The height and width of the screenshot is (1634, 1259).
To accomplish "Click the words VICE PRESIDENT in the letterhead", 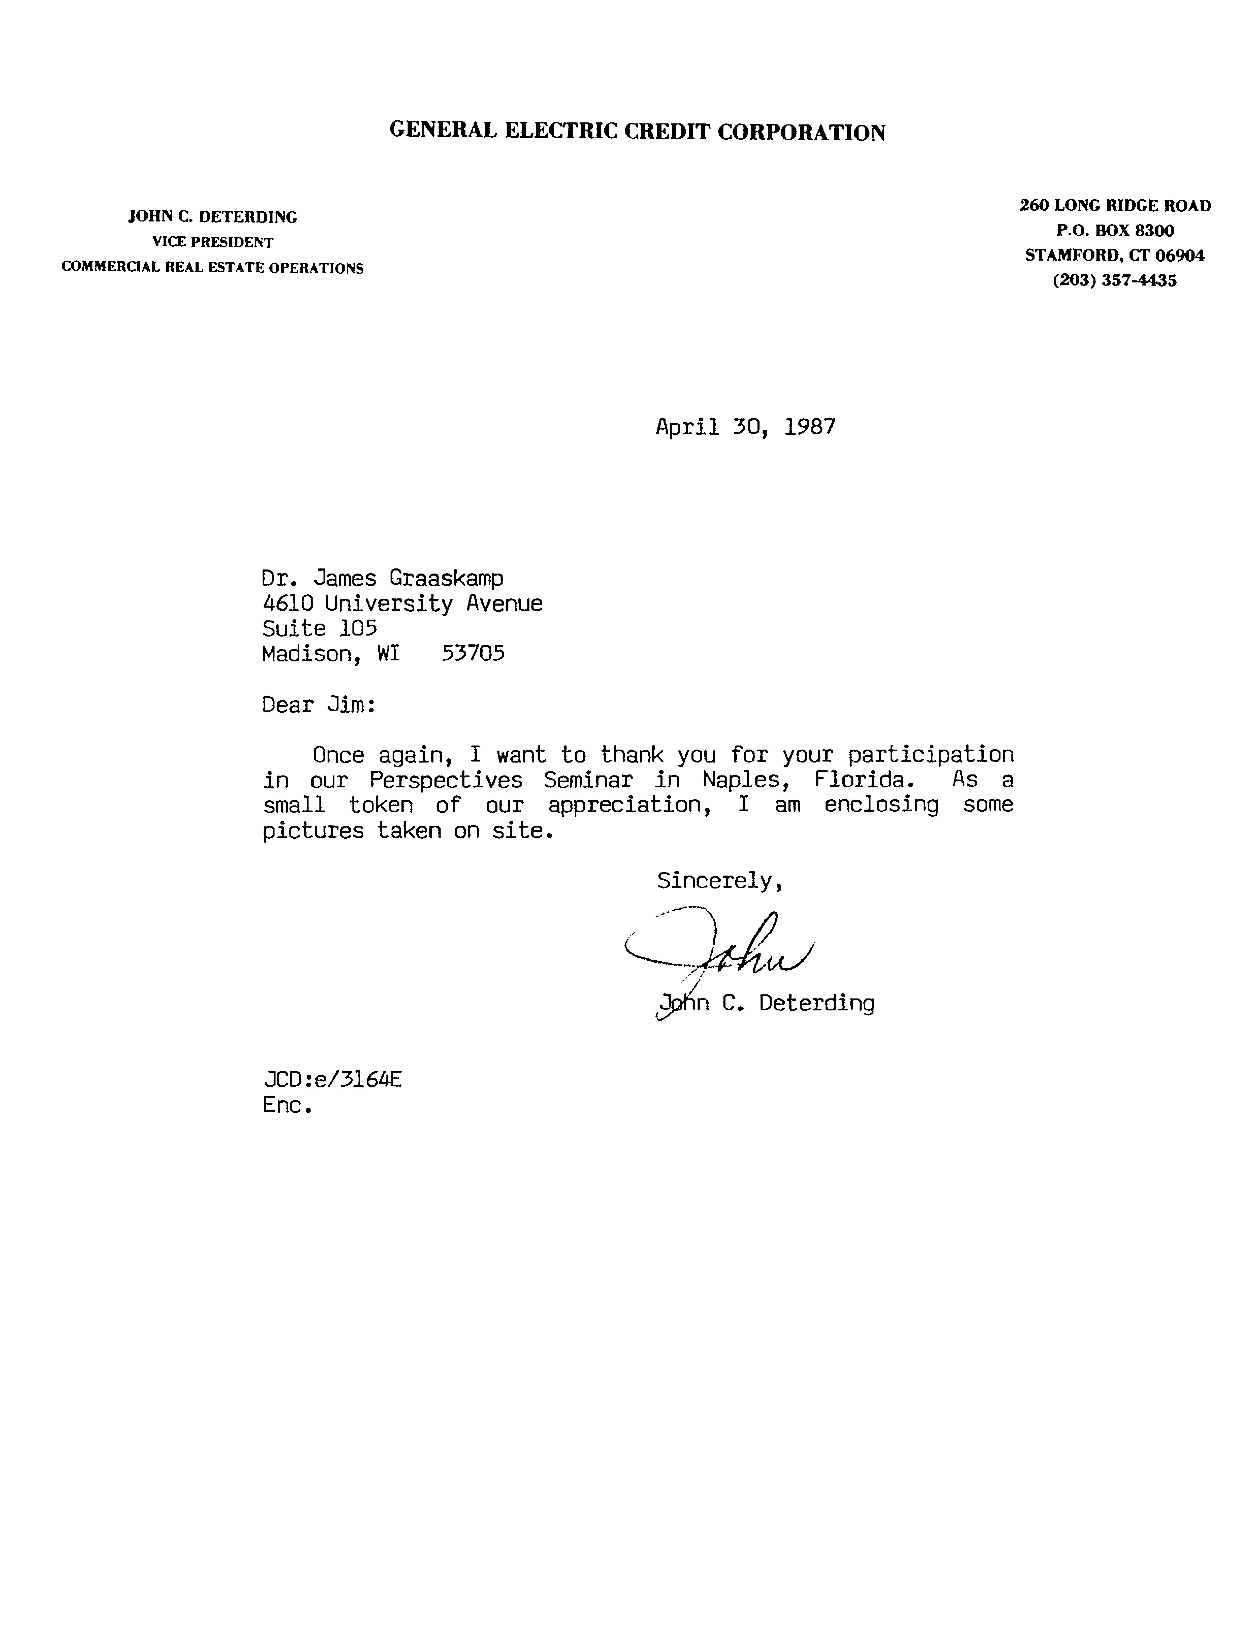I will point(213,242).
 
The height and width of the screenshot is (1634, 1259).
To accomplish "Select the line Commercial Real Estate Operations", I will point(213,268).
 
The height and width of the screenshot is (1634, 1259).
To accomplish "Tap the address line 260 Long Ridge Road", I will point(1115,206).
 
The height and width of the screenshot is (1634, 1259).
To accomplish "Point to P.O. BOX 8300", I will point(1115,230).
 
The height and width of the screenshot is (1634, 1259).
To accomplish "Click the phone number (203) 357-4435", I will point(1115,281).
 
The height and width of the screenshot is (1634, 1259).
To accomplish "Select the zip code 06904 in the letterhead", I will point(1180,255).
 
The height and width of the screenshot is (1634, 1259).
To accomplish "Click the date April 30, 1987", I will point(745,427).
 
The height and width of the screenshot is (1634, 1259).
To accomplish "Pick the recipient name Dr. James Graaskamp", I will point(382,578).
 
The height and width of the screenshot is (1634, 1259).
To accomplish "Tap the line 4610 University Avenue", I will point(402,604).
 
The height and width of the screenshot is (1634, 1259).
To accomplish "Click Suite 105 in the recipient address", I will point(319,628).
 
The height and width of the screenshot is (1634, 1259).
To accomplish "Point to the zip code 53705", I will point(473,654).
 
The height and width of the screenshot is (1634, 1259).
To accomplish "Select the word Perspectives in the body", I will point(446,780).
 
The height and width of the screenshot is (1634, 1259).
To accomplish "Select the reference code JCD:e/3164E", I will point(332,1080).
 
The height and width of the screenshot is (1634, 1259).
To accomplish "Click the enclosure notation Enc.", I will point(286,1105).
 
